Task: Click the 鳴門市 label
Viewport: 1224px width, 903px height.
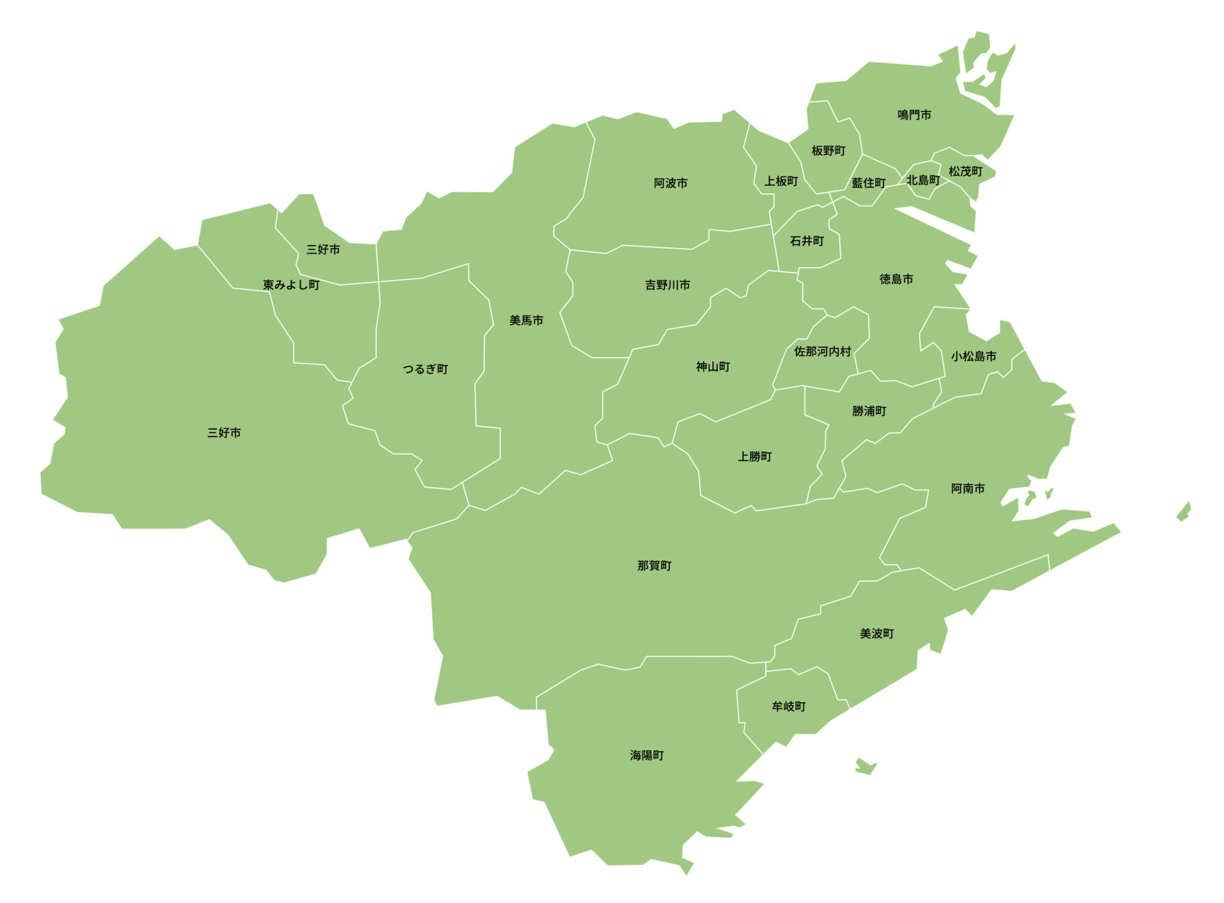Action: [x=914, y=115]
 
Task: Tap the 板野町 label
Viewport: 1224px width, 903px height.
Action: [x=828, y=151]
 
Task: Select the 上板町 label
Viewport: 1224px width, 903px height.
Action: [x=781, y=181]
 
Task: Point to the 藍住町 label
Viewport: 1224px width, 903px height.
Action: [x=868, y=183]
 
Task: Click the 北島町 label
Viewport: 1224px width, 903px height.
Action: [x=923, y=180]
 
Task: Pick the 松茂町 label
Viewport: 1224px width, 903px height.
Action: [x=965, y=171]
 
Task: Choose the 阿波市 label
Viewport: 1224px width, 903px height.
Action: [x=670, y=183]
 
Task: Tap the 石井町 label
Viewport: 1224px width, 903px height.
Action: [x=807, y=241]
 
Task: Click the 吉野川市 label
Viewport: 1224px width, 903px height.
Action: [x=667, y=285]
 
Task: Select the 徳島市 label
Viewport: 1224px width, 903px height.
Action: [x=896, y=279]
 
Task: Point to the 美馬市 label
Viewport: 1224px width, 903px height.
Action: [x=526, y=321]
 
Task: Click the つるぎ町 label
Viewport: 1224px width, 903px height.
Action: [x=425, y=369]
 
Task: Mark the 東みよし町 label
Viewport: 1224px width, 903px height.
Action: [x=291, y=285]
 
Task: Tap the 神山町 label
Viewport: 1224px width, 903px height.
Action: [x=712, y=367]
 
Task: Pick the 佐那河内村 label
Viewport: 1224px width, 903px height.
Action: [x=822, y=352]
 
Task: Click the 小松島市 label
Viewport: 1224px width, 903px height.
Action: [x=973, y=357]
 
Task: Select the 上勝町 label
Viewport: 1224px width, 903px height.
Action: [x=754, y=457]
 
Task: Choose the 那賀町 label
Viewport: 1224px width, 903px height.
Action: [x=654, y=566]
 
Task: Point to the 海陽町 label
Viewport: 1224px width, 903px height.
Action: [x=647, y=755]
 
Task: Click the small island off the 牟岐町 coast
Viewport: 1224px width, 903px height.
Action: [x=866, y=766]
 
